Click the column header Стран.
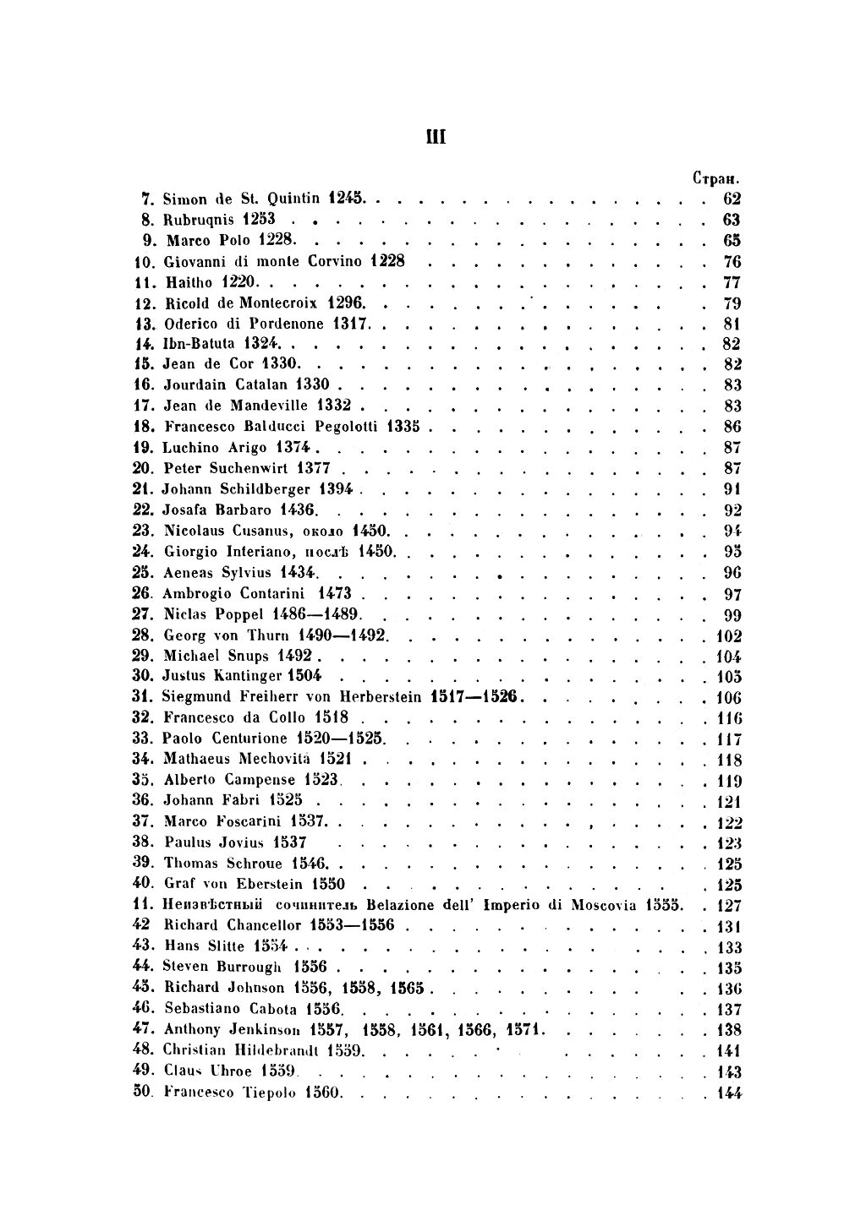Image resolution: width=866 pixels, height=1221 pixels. click(716, 179)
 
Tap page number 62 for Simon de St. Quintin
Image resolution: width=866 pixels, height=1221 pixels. click(732, 199)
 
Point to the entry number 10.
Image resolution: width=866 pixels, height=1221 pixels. click(142, 262)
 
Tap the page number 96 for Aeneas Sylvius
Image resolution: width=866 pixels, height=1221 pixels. click(732, 573)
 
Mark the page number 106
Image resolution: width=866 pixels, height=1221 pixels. click(728, 698)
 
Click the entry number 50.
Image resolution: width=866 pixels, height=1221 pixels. click(142, 1093)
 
